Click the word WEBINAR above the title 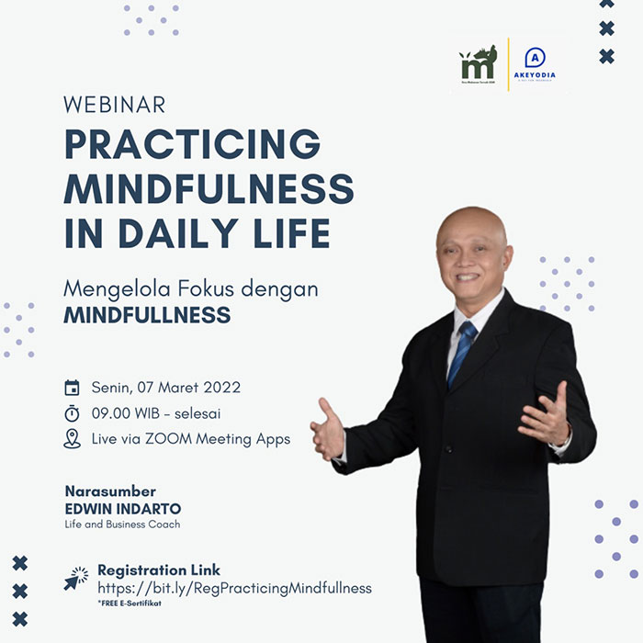(x=114, y=104)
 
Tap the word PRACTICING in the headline (x=192, y=145)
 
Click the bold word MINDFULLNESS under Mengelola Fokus (x=147, y=315)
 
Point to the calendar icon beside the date (x=72, y=388)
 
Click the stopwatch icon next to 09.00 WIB (x=72, y=413)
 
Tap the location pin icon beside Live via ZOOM (x=72, y=439)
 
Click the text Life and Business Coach (x=122, y=525)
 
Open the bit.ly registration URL (x=234, y=588)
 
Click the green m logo (x=479, y=64)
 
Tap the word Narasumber (x=110, y=491)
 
